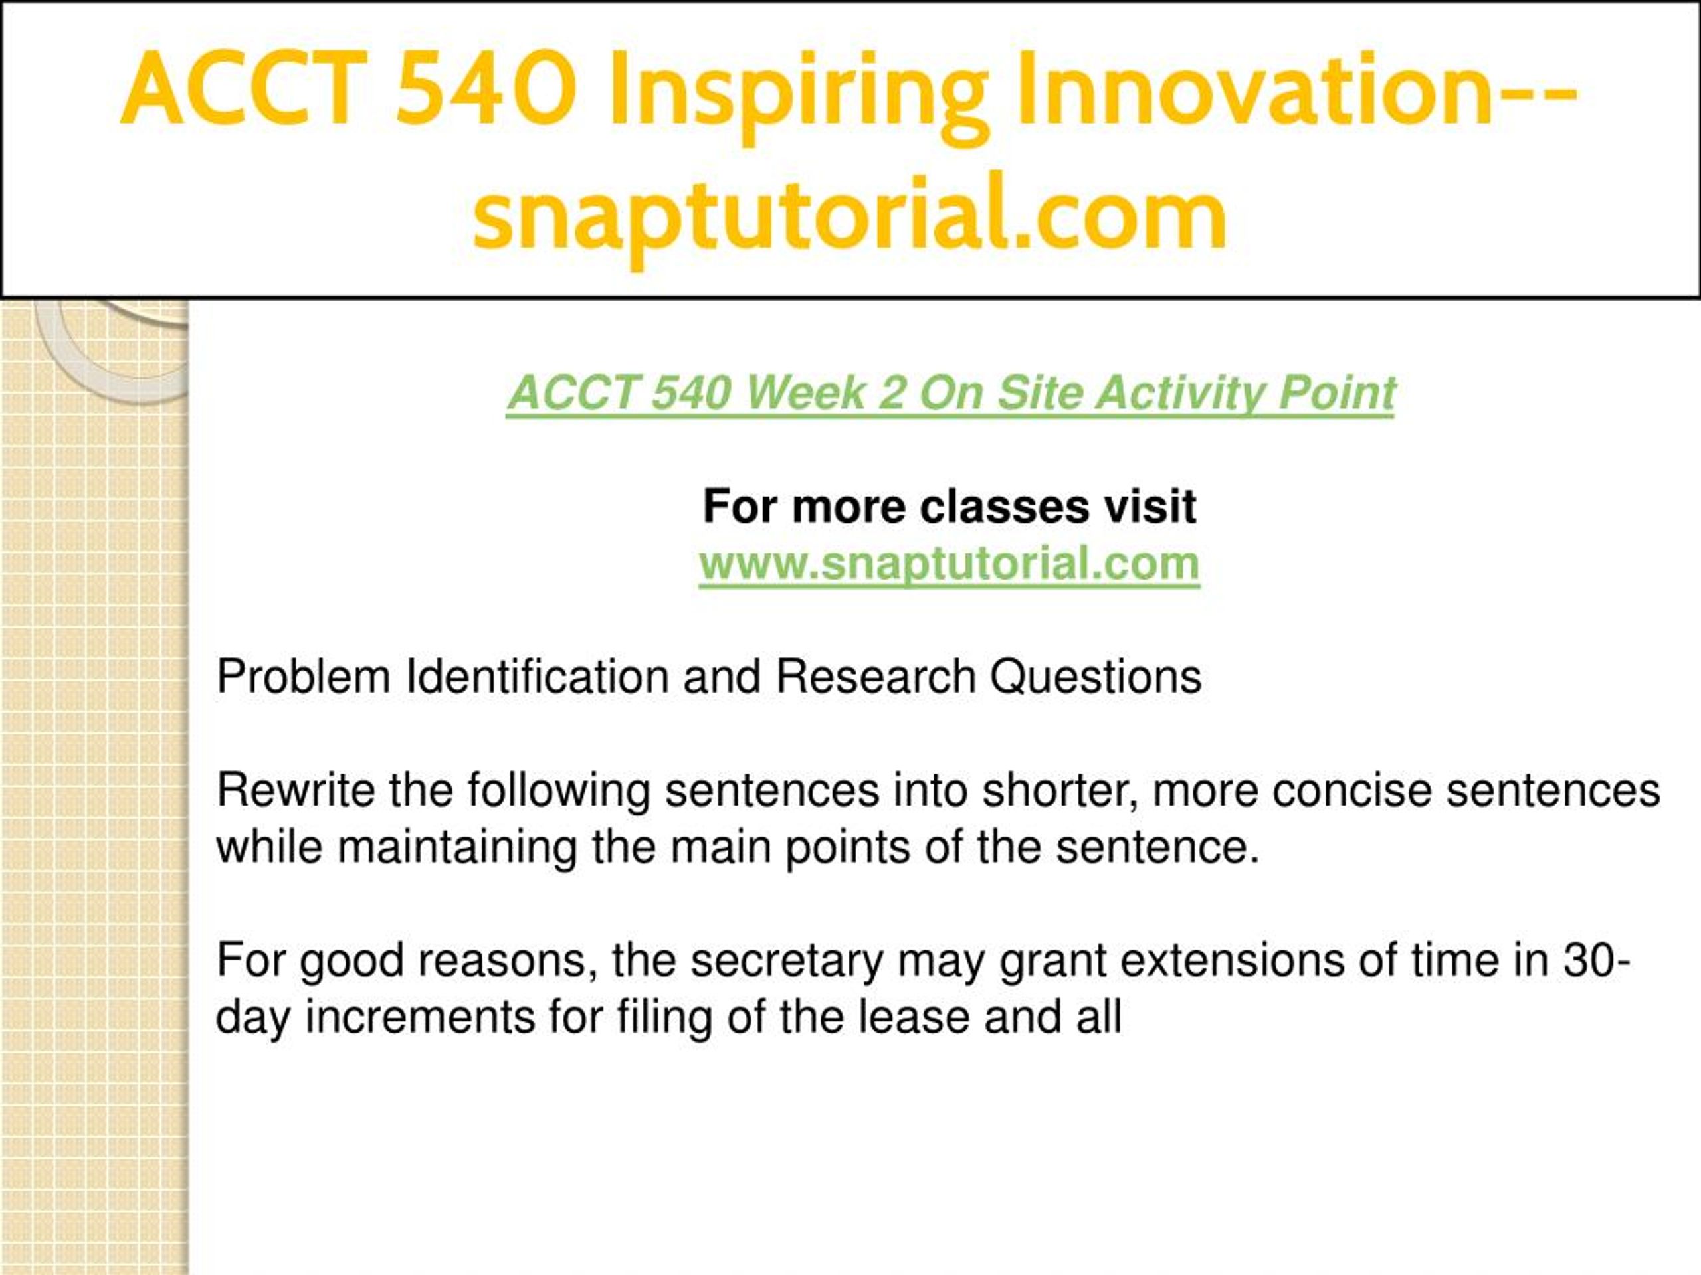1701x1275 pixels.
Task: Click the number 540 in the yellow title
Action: pyautogui.click(x=488, y=88)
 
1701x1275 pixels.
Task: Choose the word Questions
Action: pyautogui.click(x=1095, y=676)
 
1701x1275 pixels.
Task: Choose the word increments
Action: pyautogui.click(x=420, y=1017)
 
